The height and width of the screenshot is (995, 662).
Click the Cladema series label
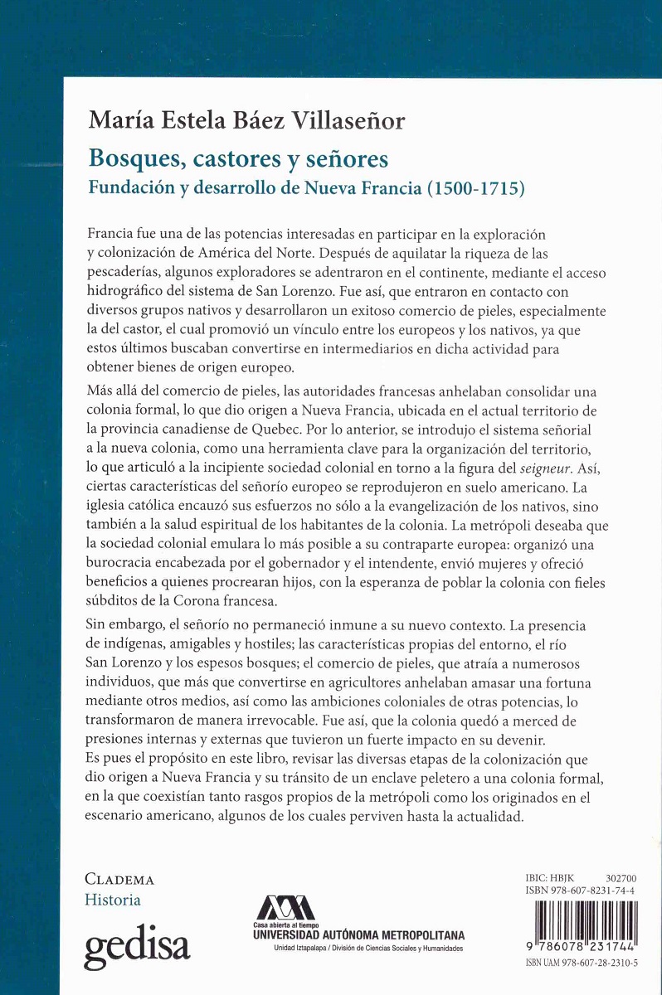119,880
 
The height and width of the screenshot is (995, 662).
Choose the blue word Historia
113,900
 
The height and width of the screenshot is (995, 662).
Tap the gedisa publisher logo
137,943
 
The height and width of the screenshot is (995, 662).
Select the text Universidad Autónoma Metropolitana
358,934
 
